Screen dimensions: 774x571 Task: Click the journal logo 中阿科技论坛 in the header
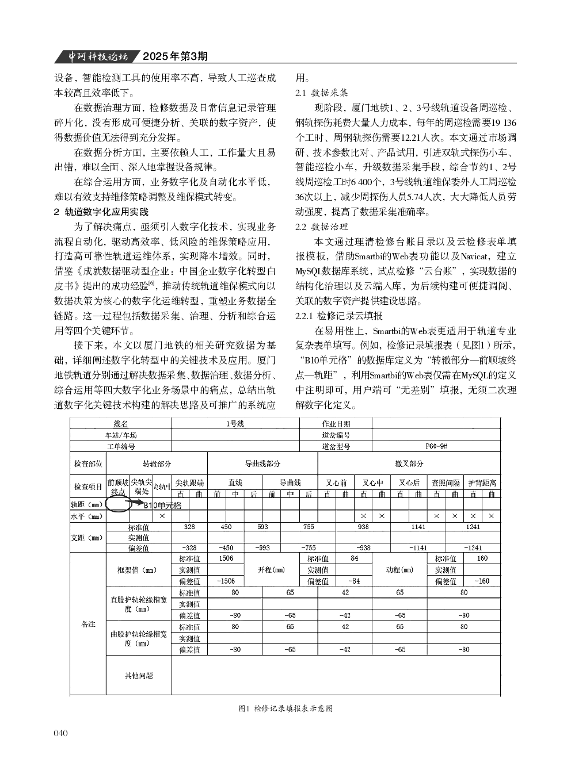coord(95,56)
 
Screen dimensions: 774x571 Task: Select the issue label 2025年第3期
coord(174,56)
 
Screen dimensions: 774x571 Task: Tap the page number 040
coord(60,733)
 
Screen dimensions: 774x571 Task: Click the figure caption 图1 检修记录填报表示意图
coord(285,708)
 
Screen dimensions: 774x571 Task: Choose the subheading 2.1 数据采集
coord(321,92)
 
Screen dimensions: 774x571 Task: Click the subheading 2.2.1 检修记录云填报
coord(338,316)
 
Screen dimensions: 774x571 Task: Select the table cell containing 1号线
coord(235,424)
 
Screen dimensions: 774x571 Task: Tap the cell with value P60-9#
coord(436,446)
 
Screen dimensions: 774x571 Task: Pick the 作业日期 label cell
coord(336,424)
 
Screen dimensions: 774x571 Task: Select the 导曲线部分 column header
coord(262,463)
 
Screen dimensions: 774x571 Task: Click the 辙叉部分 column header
coord(409,463)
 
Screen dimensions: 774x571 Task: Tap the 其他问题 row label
coord(139,675)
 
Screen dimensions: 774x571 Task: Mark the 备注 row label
coord(88,624)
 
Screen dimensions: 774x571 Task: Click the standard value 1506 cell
coord(226,558)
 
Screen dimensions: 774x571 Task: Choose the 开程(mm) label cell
coord(272,570)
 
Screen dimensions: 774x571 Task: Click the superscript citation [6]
coord(151,283)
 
